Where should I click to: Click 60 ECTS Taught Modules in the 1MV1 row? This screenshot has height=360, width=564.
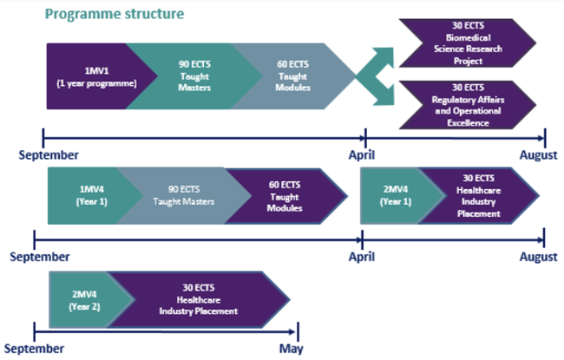293,76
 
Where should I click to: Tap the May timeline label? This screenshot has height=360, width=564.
291,348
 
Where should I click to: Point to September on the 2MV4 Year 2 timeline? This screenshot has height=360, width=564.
39,348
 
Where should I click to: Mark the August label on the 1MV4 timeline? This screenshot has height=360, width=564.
539,257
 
